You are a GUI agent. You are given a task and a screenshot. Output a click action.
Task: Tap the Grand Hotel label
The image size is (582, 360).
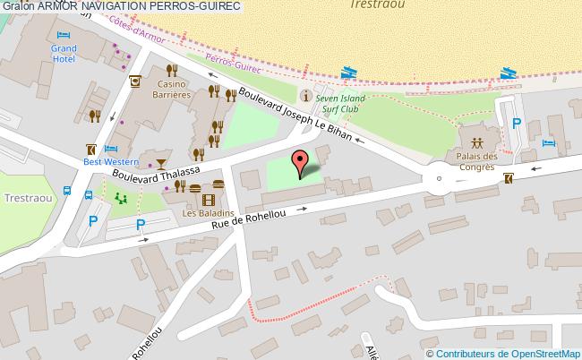click(64, 53)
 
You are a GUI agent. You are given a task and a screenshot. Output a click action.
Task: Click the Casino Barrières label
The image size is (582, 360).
click(170, 88)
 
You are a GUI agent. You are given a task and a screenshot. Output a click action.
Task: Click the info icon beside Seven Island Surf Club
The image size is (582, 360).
click(307, 96)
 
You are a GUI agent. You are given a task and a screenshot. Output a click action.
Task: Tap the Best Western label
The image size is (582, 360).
click(111, 162)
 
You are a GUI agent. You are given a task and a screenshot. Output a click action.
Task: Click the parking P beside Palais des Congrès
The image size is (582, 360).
click(515, 124)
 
